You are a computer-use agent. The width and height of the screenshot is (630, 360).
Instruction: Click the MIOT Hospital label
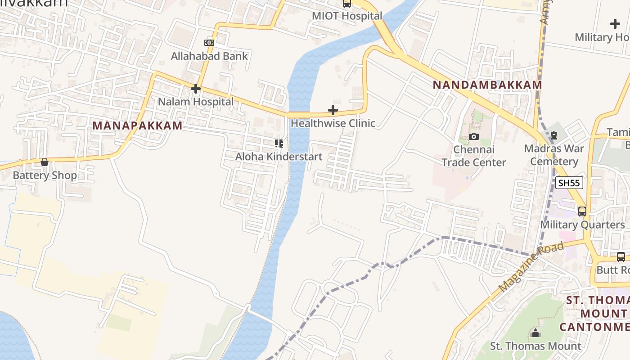[347, 16]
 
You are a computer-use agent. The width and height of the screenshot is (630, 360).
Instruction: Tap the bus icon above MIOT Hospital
[347, 4]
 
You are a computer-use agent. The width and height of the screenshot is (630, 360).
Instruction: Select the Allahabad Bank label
[209, 56]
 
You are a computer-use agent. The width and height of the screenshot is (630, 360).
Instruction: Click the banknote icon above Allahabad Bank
[209, 43]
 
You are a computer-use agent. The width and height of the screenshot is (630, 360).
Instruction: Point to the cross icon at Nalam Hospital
[195, 89]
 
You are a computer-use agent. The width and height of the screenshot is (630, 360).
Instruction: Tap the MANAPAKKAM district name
[137, 126]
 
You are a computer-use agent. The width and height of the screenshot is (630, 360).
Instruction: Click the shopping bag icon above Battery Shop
[45, 162]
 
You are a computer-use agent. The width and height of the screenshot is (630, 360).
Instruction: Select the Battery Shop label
[45, 175]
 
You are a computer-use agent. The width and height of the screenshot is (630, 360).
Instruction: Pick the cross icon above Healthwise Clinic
[333, 110]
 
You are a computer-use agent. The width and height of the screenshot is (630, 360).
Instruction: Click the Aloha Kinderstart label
[279, 157]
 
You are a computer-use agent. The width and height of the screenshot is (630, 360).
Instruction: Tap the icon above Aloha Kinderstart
[279, 144]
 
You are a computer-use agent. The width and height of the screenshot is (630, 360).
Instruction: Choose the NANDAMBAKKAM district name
[487, 85]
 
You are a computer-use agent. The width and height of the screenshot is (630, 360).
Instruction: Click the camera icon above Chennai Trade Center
[474, 136]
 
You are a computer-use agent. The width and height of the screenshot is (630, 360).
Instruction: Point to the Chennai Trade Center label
[474, 156]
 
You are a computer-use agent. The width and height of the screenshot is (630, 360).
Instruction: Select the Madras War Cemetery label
[554, 155]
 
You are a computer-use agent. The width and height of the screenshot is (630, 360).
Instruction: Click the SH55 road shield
[569, 183]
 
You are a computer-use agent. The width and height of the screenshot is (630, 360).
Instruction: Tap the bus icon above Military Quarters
[582, 211]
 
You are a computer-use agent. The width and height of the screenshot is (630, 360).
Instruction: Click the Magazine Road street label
[531, 266]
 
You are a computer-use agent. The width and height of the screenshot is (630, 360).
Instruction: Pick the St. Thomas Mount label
[535, 346]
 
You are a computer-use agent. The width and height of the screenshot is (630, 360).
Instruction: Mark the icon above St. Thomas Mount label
[535, 333]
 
